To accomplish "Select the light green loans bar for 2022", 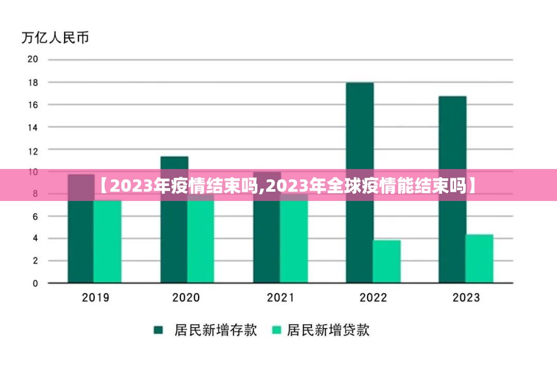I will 387,262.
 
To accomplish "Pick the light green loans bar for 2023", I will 480,259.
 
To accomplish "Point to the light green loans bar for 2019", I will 107,241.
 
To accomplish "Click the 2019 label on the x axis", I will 95,297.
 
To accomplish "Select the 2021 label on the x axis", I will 281,297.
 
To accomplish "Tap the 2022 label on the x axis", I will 373,297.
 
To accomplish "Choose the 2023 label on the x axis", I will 466,297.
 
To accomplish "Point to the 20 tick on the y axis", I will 32,59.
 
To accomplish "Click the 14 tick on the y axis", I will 32,127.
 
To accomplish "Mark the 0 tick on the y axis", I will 35,283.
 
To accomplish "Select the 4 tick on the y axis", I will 35,239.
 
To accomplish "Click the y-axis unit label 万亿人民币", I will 55,38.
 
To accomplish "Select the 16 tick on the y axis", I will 32,105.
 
